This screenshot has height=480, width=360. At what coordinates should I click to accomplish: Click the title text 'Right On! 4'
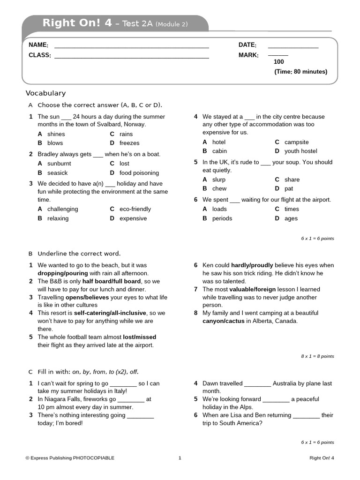pyautogui.click(x=77, y=23)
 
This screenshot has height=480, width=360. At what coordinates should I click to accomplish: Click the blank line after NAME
pyautogui.click(x=131, y=47)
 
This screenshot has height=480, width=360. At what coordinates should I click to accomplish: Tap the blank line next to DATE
pyautogui.click(x=293, y=47)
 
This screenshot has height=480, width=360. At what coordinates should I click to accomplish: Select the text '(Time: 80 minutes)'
pyautogui.click(x=300, y=72)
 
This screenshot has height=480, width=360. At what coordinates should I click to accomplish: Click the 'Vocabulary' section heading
pyautogui.click(x=45, y=93)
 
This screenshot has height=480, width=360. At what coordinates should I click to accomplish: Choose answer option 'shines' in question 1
pyautogui.click(x=56, y=134)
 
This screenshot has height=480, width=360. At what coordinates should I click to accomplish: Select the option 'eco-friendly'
pyautogui.click(x=135, y=209)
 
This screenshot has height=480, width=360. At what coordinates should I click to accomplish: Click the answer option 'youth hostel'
pyautogui.click(x=300, y=151)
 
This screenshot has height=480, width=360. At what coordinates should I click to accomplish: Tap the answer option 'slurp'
pyautogui.click(x=218, y=180)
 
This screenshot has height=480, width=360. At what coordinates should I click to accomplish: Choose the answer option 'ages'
pyautogui.click(x=291, y=218)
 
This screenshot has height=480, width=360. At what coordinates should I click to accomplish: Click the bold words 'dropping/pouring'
pyautogui.click(x=62, y=273)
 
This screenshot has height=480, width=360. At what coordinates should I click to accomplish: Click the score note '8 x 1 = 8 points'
pyautogui.click(x=317, y=356)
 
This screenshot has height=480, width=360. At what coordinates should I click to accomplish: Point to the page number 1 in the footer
pyautogui.click(x=180, y=458)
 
